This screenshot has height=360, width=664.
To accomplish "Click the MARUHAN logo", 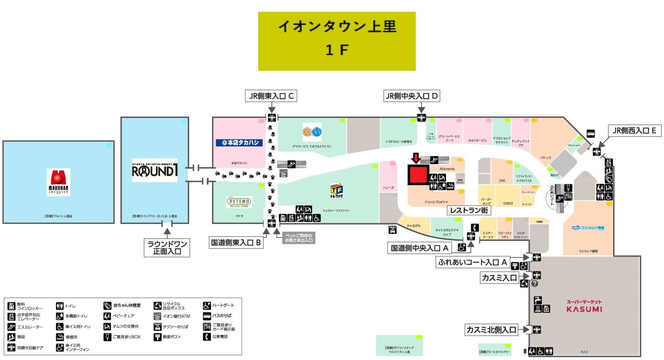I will click(x=58, y=182).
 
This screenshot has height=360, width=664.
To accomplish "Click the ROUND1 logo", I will click(x=155, y=170).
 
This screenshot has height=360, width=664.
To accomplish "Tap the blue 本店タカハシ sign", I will click(x=239, y=142).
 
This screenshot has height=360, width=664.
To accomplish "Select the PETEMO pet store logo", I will click(x=239, y=202).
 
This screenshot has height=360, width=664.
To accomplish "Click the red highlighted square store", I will click(x=418, y=175).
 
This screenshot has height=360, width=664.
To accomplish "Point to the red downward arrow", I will click(x=416, y=158).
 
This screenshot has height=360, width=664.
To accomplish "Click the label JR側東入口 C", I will click(x=271, y=96).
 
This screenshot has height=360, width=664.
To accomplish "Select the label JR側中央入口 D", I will click(x=412, y=96).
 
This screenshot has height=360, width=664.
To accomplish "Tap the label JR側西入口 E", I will click(x=634, y=131).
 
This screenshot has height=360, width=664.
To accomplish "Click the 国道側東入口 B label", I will click(x=236, y=242).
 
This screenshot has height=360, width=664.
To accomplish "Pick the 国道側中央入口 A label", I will click(x=419, y=248).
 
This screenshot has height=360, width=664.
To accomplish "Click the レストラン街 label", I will click(x=469, y=210).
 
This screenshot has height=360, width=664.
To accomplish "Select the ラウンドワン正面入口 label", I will click(x=167, y=247).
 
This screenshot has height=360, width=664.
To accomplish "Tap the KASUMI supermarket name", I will click(x=584, y=309).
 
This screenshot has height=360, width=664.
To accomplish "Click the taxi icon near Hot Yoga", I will click(x=392, y=230).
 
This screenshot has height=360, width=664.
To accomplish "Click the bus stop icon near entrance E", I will click(x=591, y=134).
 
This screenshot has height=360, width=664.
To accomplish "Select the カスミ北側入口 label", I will click(x=491, y=329).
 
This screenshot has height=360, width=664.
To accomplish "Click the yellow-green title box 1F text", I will click(x=336, y=50).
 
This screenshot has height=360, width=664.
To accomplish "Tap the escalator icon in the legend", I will click(x=11, y=327).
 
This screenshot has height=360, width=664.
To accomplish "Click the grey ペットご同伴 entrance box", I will click(x=298, y=238).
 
